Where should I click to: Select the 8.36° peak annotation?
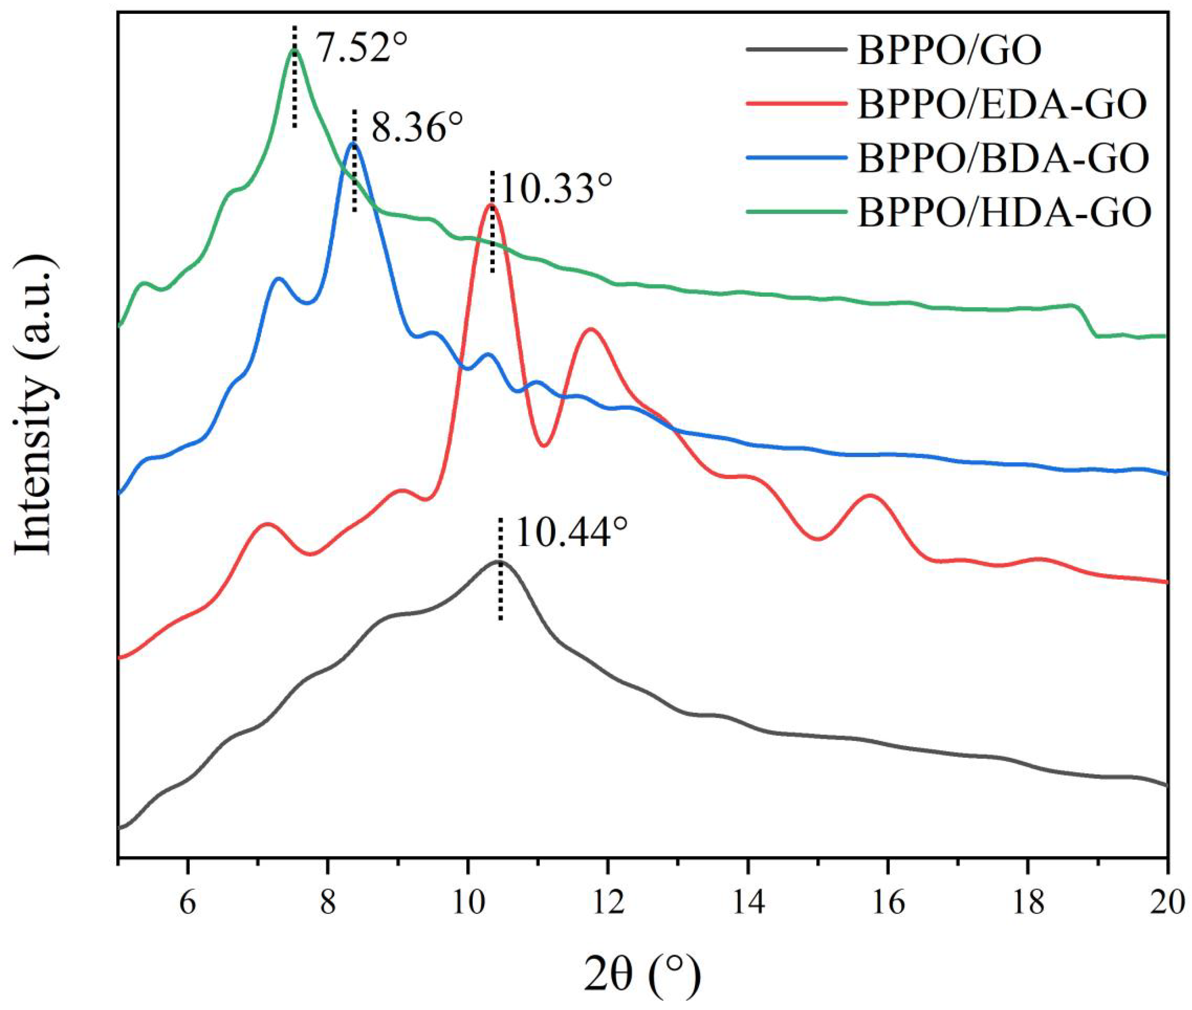click(x=417, y=128)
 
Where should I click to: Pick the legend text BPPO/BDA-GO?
click(x=1003, y=159)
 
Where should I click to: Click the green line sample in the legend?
click(x=796, y=211)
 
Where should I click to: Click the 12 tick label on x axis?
click(x=608, y=903)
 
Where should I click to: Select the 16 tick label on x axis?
click(x=888, y=903)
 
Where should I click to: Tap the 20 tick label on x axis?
click(x=1167, y=903)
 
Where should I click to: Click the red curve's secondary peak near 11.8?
click(x=590, y=329)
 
